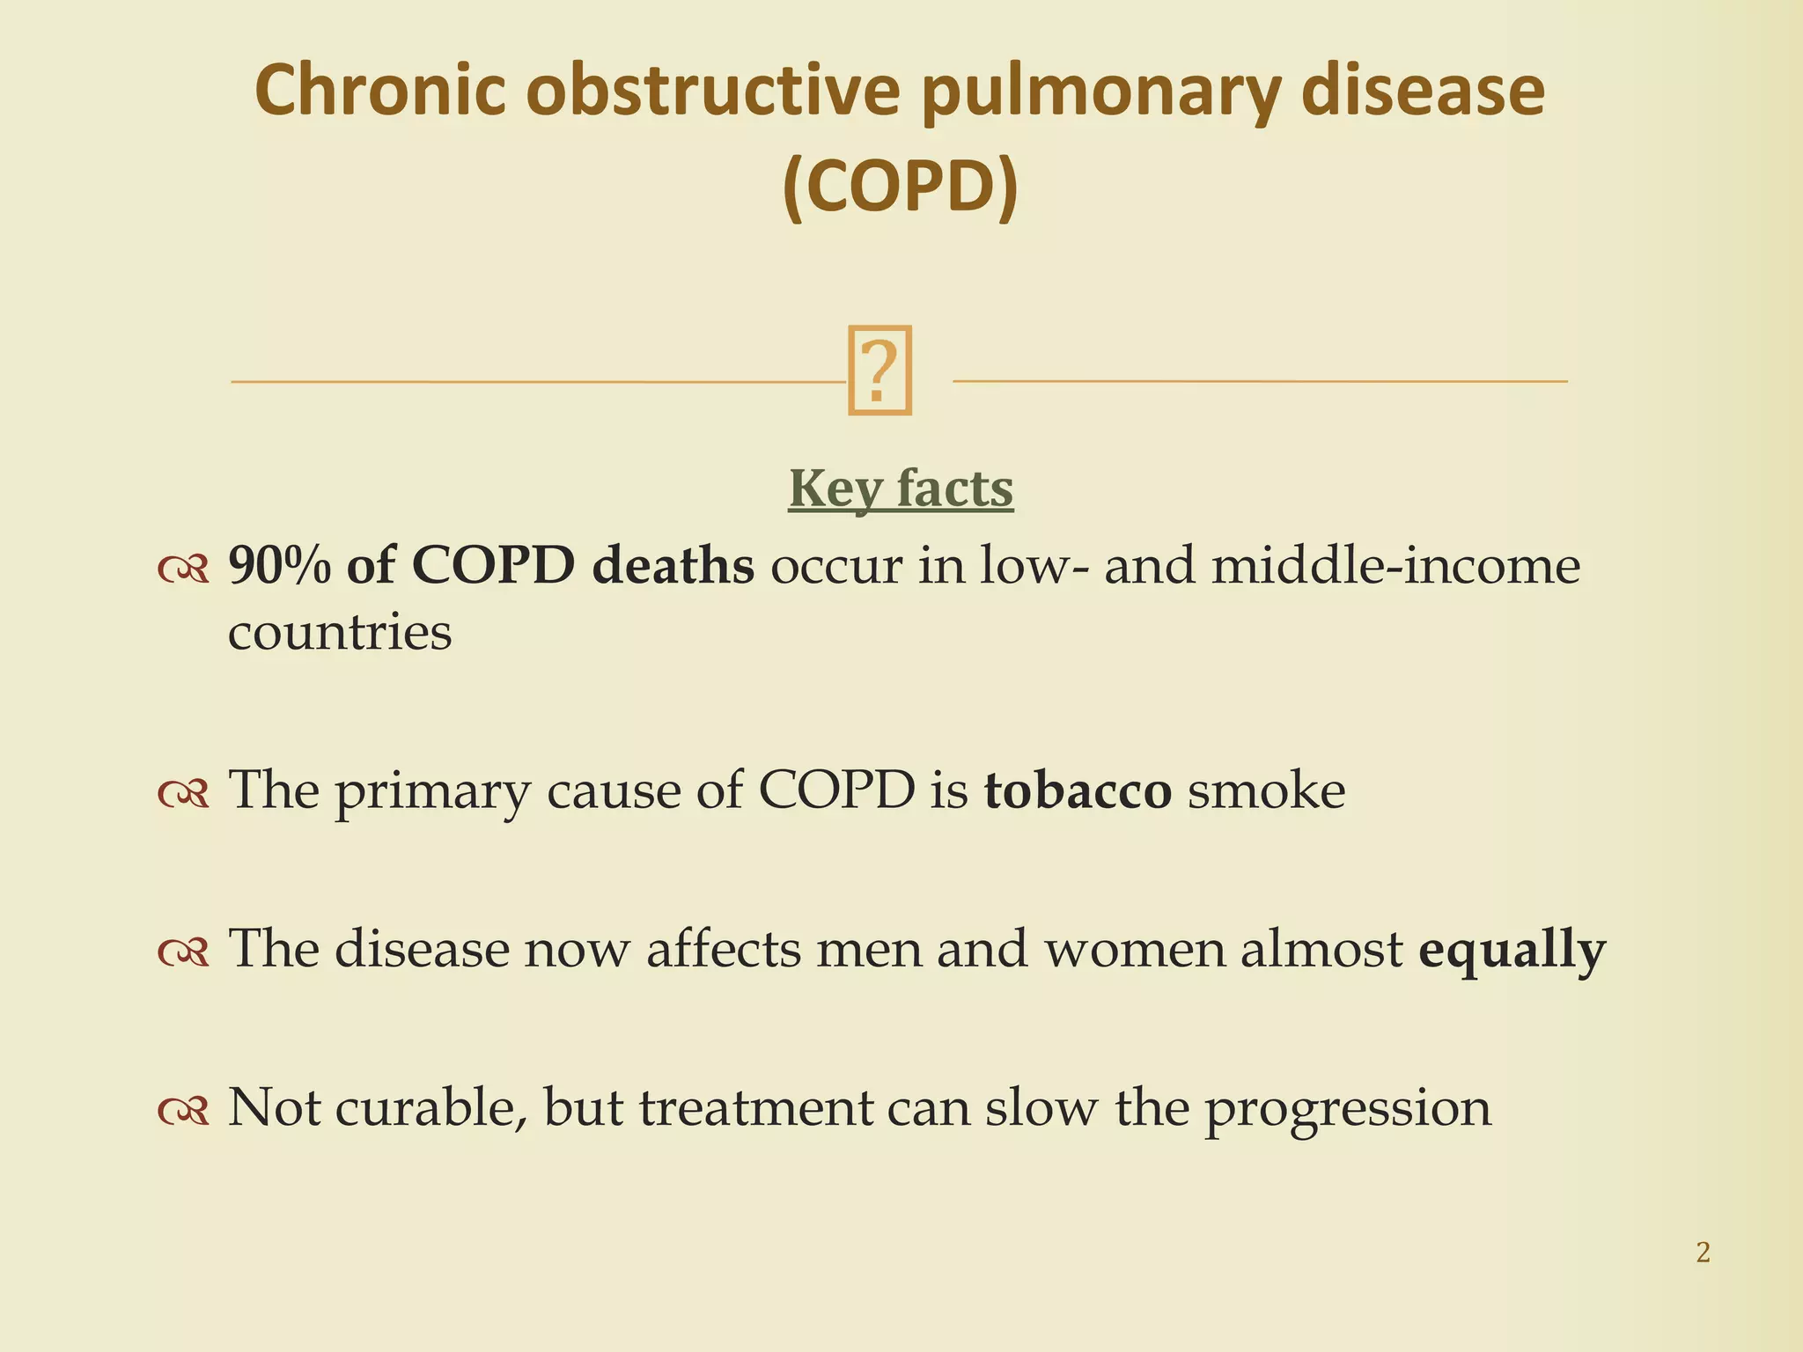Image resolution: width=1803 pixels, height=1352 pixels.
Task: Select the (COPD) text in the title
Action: (x=900, y=187)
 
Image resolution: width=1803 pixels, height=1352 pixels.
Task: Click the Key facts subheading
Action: (x=901, y=489)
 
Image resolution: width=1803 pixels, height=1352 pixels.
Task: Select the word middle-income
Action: (x=1395, y=565)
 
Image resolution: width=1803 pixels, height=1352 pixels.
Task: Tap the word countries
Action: (x=340, y=632)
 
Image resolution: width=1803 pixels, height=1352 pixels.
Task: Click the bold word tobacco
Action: (x=1078, y=790)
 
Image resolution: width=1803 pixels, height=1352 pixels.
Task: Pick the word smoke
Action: (x=1267, y=790)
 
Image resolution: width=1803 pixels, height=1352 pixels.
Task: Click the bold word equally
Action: (x=1512, y=951)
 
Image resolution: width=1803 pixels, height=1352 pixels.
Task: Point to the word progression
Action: (x=1348, y=1109)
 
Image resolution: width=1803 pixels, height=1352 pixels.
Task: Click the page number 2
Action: (x=1703, y=1252)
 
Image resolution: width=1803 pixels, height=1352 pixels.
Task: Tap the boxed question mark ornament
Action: (x=879, y=370)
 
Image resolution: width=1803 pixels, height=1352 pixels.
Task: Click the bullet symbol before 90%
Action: (x=183, y=569)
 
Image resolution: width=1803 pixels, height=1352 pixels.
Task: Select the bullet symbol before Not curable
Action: (x=183, y=1111)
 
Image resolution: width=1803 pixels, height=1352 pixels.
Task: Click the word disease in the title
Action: (x=1422, y=91)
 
